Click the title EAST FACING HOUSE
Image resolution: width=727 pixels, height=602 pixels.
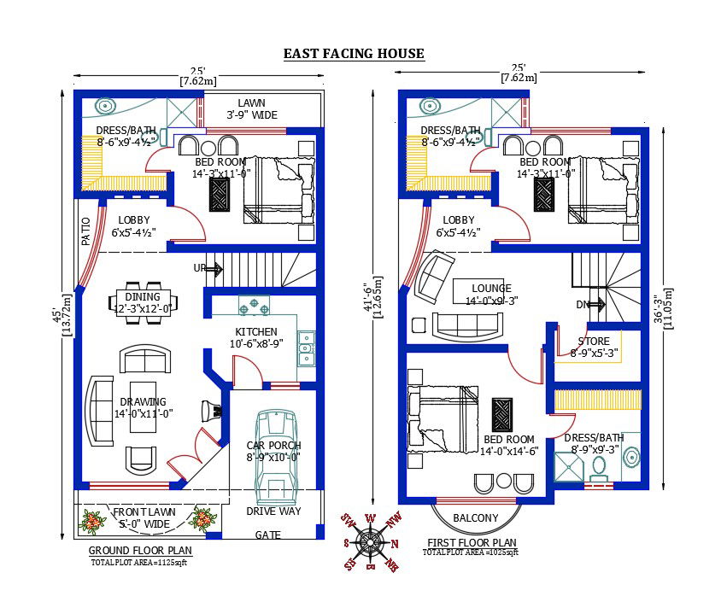[354, 54]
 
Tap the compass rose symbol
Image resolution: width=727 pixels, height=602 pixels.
[370, 542]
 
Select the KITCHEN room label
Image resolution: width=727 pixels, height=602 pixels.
[255, 331]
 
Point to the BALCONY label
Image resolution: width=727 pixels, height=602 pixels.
[475, 518]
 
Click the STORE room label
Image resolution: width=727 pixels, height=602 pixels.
[593, 341]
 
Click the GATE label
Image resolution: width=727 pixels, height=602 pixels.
[268, 535]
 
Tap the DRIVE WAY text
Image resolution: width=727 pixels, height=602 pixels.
[273, 511]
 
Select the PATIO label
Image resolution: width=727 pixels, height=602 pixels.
[86, 233]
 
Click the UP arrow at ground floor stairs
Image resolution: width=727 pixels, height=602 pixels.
[208, 269]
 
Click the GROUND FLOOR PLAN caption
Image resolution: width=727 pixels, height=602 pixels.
[140, 551]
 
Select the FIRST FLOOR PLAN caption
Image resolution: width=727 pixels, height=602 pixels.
[471, 542]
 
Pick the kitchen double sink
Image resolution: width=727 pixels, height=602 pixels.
[306, 343]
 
